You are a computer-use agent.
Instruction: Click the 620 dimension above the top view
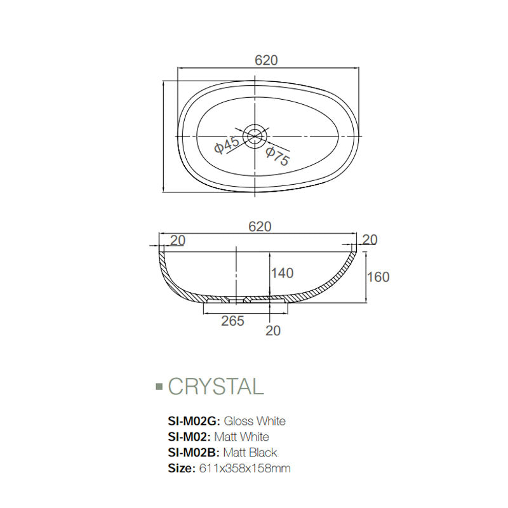pyautogui.click(x=267, y=60)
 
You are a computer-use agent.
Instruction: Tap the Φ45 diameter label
pyautogui.click(x=227, y=145)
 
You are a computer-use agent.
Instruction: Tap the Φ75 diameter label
pyautogui.click(x=277, y=156)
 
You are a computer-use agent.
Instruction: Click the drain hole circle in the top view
pyautogui.click(x=257, y=135)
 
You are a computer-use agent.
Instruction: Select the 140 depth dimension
pyautogui.click(x=282, y=273)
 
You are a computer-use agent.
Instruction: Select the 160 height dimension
pyautogui.click(x=378, y=277)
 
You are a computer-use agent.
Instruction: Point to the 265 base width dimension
pyautogui.click(x=233, y=321)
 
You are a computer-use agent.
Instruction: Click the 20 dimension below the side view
pyautogui.click(x=274, y=330)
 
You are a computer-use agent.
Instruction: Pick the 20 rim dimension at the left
pyautogui.click(x=178, y=239)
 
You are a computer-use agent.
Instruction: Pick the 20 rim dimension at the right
pyautogui.click(x=369, y=239)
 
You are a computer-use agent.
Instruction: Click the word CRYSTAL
pyautogui.click(x=215, y=386)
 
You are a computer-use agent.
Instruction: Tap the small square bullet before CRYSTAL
pyautogui.click(x=159, y=385)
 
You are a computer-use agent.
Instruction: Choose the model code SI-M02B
pyautogui.click(x=193, y=453)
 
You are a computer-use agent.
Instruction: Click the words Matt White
pyautogui.click(x=242, y=437)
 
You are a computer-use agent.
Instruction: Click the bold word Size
pyautogui.click(x=180, y=469)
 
